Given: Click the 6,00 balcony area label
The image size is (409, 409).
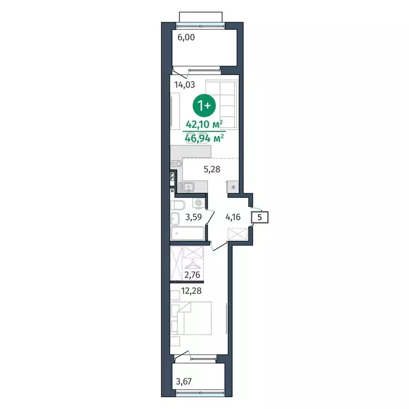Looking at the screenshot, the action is pos(186,37).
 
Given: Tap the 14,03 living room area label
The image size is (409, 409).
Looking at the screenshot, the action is pos(185,85).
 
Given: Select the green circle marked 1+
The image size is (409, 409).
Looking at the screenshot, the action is pos(204,105).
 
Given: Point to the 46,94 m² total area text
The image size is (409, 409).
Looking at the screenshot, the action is pos(204,138).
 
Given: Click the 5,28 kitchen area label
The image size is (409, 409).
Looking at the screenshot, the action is pos(212,169).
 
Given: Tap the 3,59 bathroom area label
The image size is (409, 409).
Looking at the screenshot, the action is pos(193,217).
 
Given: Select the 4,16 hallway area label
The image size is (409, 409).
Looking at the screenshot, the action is pos(233,217).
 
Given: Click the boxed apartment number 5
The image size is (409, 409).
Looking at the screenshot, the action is pos(259,217).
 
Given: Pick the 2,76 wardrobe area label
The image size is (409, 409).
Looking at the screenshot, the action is pos(192,275).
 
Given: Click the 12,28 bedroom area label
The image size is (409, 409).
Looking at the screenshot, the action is pos(192,291).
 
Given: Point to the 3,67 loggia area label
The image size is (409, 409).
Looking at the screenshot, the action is pos(184,382).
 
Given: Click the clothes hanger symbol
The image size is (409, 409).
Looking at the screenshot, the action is pos(192,264).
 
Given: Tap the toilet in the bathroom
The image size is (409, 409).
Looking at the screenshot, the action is pos(178,205).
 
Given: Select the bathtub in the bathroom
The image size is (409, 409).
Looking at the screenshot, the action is pos(187,233).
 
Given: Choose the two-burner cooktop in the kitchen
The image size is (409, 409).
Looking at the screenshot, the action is pos(176,163).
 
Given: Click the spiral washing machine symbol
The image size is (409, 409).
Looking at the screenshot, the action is pos(198,203).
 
